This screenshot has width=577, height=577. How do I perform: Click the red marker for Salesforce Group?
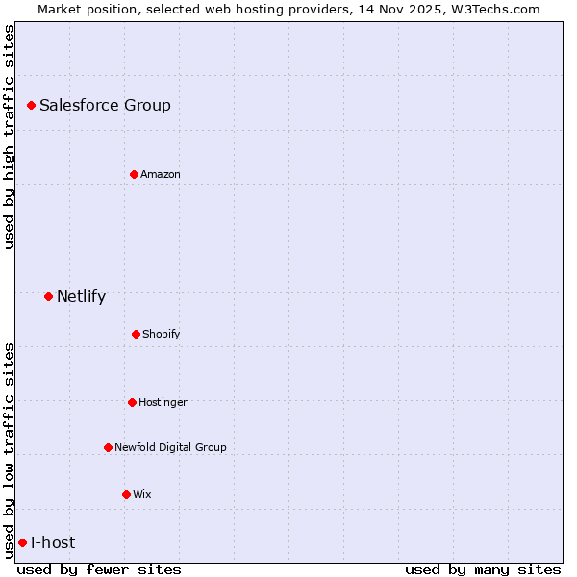coord(31,105)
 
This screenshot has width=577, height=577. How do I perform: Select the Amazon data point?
coord(134,174)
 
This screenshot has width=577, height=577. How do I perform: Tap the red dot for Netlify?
coord(48,296)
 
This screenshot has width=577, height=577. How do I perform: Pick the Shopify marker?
coord(136,334)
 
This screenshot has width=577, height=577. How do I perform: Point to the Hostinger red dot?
coord(132,402)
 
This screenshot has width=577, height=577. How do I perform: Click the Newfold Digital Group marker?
coord(108,447)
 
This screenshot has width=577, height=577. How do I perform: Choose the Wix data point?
coord(126,494)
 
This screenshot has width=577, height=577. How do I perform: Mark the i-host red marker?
coord(22,542)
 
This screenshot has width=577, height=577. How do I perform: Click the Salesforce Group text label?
coord(105,105)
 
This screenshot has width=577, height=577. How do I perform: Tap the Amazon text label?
coord(161,174)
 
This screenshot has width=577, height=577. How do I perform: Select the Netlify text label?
coord(81,296)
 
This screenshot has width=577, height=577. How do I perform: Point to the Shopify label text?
coord(162,334)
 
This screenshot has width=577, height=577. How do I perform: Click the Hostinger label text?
coord(163,402)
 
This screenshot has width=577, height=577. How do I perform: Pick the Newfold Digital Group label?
coord(170,447)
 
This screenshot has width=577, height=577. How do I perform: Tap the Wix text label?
coord(142,494)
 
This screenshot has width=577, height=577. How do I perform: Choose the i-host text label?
coord(53,542)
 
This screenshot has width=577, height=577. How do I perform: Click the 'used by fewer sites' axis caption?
coord(99,569)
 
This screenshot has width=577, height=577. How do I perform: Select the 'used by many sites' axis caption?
coord(483,569)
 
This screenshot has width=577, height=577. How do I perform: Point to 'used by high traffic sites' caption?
coord(9,137)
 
